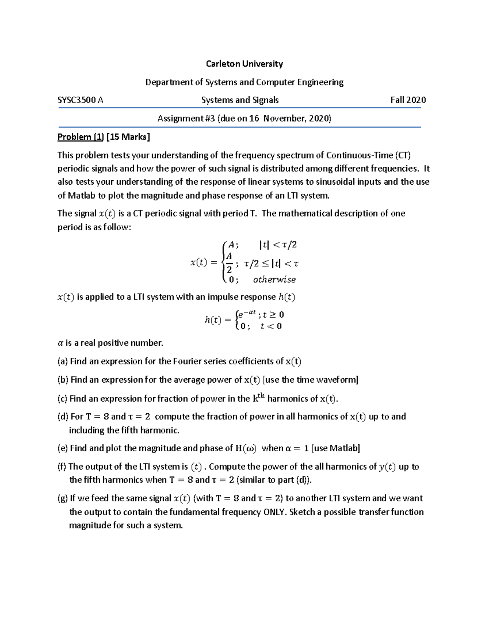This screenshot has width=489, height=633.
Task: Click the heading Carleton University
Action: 244,64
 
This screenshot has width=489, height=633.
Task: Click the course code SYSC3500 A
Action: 80,100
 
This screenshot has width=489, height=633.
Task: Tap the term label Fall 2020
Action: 408,100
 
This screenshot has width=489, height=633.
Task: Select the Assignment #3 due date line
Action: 244,118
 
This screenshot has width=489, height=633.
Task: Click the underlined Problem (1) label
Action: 81,137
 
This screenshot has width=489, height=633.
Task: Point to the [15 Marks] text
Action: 128,137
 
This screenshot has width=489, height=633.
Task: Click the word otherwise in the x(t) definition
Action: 274,280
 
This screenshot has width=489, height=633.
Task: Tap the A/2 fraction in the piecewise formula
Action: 229,263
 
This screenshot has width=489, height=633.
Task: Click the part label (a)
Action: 63,362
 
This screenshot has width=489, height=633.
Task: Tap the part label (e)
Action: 63,448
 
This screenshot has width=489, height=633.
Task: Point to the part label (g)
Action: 63,498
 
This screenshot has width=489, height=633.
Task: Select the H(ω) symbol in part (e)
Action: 246,448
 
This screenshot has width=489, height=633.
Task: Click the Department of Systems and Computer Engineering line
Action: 244,82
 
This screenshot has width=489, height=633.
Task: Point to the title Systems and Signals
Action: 240,100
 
